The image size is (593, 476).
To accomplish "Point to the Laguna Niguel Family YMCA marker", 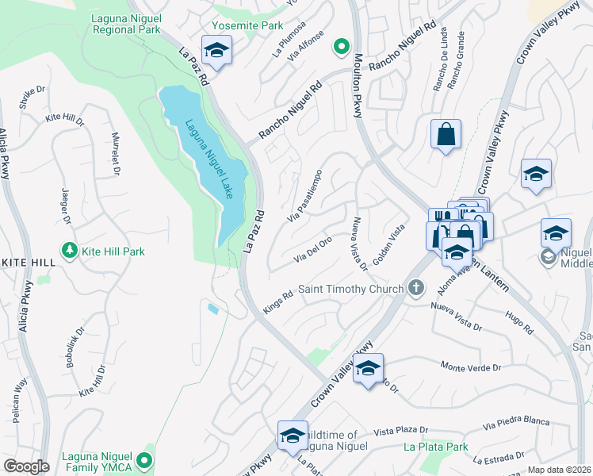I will [x=144, y=459].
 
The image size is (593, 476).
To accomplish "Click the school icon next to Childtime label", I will [x=293, y=435].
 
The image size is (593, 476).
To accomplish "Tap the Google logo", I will [x=25, y=466].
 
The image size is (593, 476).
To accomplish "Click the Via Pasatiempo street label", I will [x=305, y=196].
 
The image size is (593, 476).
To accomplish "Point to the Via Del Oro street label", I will [x=313, y=249].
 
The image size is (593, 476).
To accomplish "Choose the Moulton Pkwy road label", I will [x=358, y=86].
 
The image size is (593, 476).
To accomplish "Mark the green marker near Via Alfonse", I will [x=342, y=47].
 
